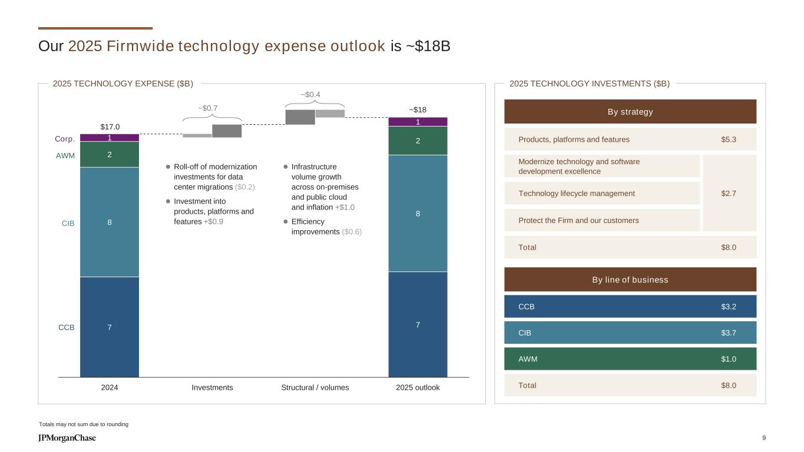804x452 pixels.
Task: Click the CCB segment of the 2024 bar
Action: pos(110,327)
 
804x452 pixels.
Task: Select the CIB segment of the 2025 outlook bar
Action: pos(418,213)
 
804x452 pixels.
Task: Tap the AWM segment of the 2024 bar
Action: pos(110,155)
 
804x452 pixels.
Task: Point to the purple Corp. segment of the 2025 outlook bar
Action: pos(418,122)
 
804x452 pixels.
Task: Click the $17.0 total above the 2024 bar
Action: pos(110,127)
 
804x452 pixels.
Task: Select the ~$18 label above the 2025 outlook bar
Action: pos(418,110)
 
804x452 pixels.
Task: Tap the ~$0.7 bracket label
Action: pos(208,108)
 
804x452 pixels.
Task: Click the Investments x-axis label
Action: pos(212,387)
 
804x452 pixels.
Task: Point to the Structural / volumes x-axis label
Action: pos(315,387)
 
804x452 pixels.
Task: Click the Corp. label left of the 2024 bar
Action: pos(65,139)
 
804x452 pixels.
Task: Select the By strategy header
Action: pos(630,112)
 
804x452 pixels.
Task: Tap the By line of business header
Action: pos(630,280)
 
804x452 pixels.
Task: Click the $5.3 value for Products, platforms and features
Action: pos(729,139)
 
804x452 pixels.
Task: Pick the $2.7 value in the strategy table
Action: pos(729,193)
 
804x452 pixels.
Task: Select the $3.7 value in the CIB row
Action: pos(729,333)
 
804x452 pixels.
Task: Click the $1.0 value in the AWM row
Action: pos(729,358)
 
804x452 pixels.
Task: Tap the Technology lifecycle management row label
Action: pos(577,193)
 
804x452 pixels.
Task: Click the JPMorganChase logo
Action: pos(67,438)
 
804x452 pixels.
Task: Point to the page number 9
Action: pos(764,437)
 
